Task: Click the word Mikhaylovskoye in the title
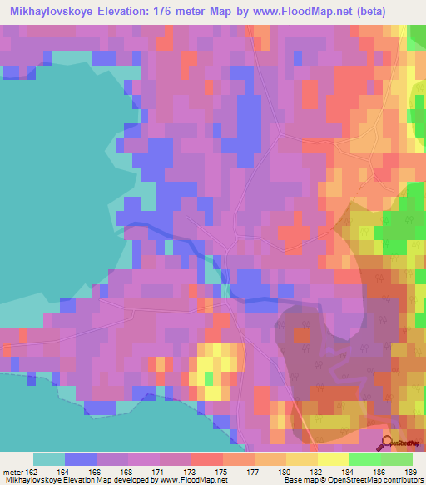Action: pyautogui.click(x=52, y=11)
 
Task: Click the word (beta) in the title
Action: pyautogui.click(x=397, y=11)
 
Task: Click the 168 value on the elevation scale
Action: pyautogui.click(x=128, y=472)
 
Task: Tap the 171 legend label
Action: pyautogui.click(x=160, y=472)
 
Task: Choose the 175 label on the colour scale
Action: pyautogui.click(x=223, y=472)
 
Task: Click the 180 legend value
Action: pyautogui.click(x=285, y=472)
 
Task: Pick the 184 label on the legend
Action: pyautogui.click(x=349, y=472)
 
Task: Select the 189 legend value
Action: pyautogui.click(x=412, y=472)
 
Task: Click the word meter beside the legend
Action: pyautogui.click(x=11, y=472)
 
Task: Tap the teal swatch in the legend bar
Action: pyautogui.click(x=49, y=459)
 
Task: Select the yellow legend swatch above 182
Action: pyautogui.click(x=333, y=459)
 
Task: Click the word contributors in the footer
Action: pyautogui.click(x=403, y=480)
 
